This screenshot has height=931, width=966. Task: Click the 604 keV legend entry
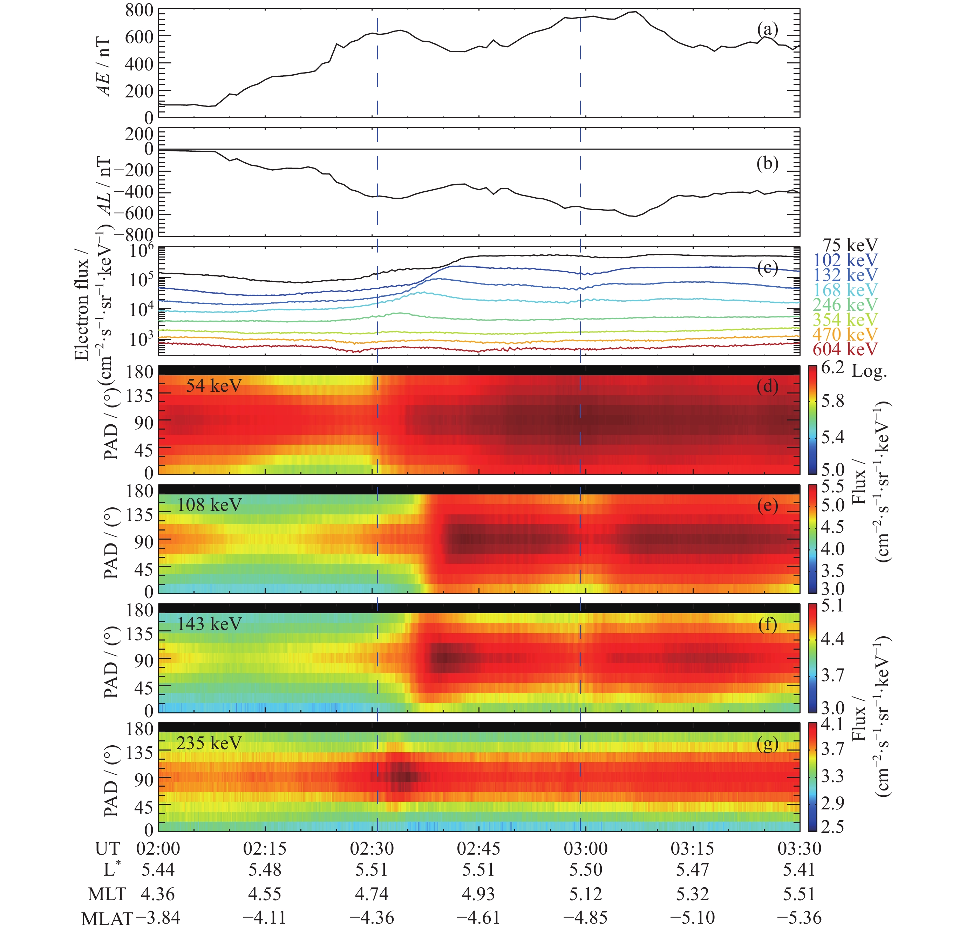coord(845,349)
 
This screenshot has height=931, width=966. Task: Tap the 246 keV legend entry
coord(845,304)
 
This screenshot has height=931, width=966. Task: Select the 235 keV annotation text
coord(209,743)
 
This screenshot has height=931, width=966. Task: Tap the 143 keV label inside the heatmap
coord(209,624)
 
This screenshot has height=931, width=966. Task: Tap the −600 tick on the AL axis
coord(133,214)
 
